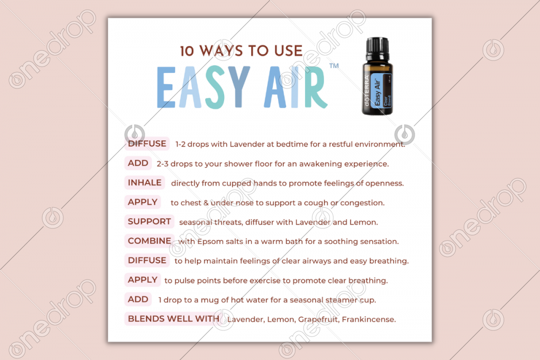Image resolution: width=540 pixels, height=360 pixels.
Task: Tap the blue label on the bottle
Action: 382,90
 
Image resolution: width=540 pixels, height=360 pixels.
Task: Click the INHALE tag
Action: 145,182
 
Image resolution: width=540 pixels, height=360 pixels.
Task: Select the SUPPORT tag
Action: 149,221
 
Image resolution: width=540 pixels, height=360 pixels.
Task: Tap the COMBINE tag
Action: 150,241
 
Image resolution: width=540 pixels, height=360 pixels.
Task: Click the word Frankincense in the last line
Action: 368,320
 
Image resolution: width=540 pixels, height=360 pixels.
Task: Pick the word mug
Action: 210,301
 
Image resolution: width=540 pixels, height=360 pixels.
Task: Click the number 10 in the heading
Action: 187,51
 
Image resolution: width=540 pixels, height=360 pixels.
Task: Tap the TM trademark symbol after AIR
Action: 334,65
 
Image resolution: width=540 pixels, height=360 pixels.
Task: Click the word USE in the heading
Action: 288,51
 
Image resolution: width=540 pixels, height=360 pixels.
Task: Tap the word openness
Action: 384,184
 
